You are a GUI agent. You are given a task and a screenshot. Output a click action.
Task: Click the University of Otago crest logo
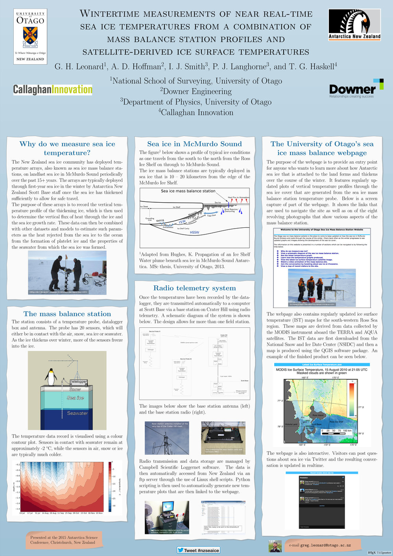(x=30, y=36)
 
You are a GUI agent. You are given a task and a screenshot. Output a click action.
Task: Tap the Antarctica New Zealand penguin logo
(x=354, y=24)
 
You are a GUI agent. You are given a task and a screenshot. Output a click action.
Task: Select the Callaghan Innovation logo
(x=53, y=90)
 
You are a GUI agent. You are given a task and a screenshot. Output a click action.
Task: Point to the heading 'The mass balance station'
(x=67, y=314)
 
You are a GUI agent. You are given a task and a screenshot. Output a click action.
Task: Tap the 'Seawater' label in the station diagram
(x=77, y=413)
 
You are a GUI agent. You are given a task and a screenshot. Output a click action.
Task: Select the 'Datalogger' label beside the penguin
(x=78, y=381)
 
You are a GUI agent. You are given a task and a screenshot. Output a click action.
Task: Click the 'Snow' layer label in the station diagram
(x=75, y=389)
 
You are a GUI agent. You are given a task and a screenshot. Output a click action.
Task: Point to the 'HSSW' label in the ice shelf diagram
(x=194, y=233)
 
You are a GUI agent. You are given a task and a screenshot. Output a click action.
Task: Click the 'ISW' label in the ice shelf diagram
(x=182, y=222)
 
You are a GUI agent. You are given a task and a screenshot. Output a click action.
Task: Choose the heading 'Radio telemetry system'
(x=195, y=288)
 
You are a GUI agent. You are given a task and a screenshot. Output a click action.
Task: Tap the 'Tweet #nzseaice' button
(x=198, y=550)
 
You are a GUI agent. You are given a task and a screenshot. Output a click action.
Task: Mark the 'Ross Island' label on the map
(x=318, y=416)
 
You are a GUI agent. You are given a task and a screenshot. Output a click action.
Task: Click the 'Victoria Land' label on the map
(x=291, y=425)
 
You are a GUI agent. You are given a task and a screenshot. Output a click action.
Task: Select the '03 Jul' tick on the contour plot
(x=22, y=513)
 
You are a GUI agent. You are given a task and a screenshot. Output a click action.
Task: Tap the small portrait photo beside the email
(x=275, y=546)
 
